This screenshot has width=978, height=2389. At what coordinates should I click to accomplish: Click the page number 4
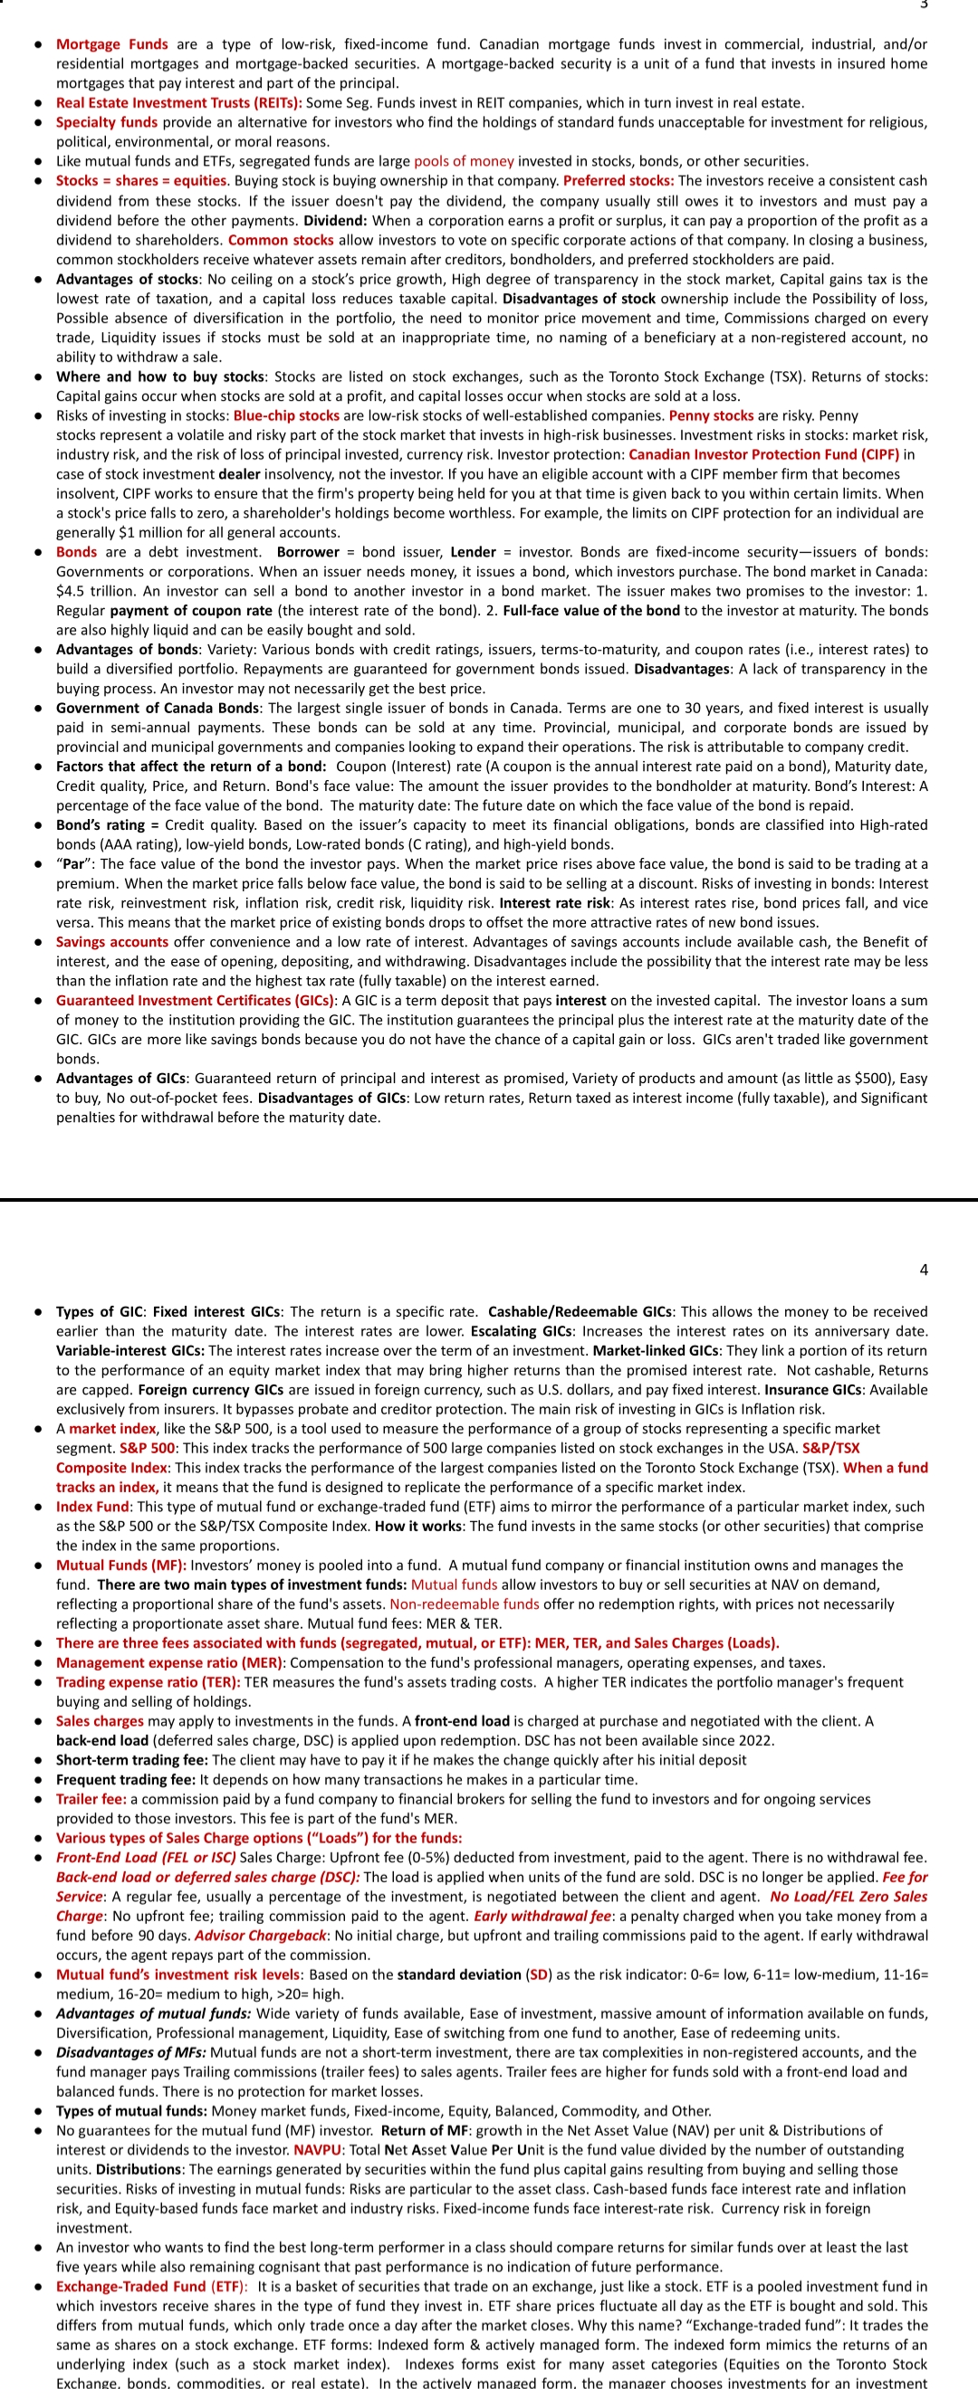click(x=924, y=1270)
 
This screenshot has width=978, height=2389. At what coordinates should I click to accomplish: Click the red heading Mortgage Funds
click(x=111, y=44)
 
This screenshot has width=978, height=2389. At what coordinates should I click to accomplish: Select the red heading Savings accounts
click(x=111, y=941)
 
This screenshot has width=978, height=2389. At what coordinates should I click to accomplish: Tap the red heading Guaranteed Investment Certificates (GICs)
click(x=195, y=1000)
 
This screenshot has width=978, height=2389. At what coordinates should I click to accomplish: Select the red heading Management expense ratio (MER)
click(x=168, y=1663)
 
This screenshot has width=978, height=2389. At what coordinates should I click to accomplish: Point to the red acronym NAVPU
click(x=317, y=2150)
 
